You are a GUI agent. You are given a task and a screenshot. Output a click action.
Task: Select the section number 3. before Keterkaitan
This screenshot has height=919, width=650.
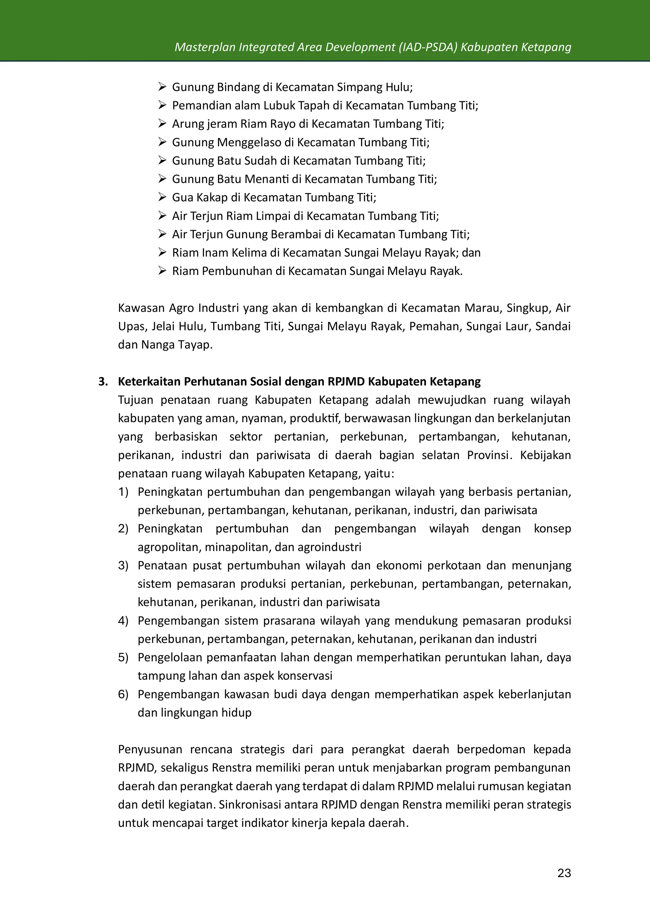[103, 382]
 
